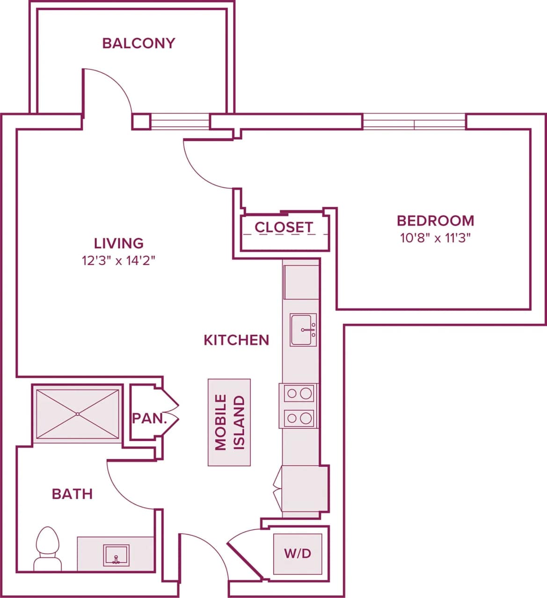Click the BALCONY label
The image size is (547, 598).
click(x=139, y=43)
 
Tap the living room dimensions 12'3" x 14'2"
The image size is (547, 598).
click(x=118, y=261)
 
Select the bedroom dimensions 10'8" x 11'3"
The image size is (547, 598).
click(x=435, y=238)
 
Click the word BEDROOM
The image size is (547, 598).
click(x=435, y=221)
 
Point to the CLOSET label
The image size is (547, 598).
click(x=284, y=228)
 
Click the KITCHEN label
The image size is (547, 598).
click(x=236, y=340)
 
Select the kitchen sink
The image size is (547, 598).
click(x=302, y=330)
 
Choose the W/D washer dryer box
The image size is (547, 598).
click(x=298, y=554)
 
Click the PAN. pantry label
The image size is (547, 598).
click(x=149, y=418)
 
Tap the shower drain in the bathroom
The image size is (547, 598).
click(x=77, y=414)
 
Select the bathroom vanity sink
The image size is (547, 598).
click(x=116, y=555)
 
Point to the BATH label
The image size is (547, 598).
click(x=72, y=494)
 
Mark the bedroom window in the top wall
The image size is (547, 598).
click(x=414, y=122)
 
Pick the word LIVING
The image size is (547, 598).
click(x=118, y=243)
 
